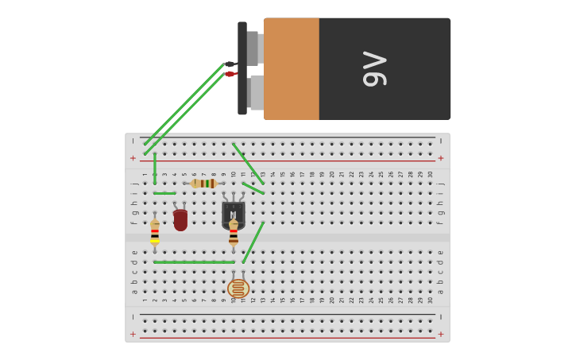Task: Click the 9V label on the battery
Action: pyautogui.click(x=374, y=69)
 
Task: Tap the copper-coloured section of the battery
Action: pyautogui.click(x=291, y=69)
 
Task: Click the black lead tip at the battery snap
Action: pyautogui.click(x=230, y=64)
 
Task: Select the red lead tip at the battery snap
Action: pyautogui.click(x=230, y=74)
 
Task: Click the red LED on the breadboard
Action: pyautogui.click(x=180, y=219)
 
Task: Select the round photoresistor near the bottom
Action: pyautogui.click(x=238, y=288)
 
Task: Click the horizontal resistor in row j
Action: pyautogui.click(x=203, y=184)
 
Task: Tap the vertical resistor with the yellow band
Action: pyautogui.click(x=155, y=232)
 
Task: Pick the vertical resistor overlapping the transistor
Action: pyautogui.click(x=234, y=232)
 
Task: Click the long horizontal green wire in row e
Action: pyautogui.click(x=195, y=261)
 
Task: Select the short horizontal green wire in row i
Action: pyautogui.click(x=164, y=193)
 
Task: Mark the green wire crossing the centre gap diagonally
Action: pyautogui.click(x=253, y=242)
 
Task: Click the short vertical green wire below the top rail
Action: pyautogui.click(x=155, y=168)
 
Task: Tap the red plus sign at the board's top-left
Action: pyautogui.click(x=133, y=158)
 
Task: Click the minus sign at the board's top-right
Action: pyautogui.click(x=441, y=141)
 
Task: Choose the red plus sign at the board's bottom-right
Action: pyautogui.click(x=441, y=335)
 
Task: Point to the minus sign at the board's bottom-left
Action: pyautogui.click(x=133, y=316)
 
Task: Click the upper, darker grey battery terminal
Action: pyautogui.click(x=253, y=48)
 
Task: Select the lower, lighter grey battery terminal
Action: pyautogui.click(x=256, y=92)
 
